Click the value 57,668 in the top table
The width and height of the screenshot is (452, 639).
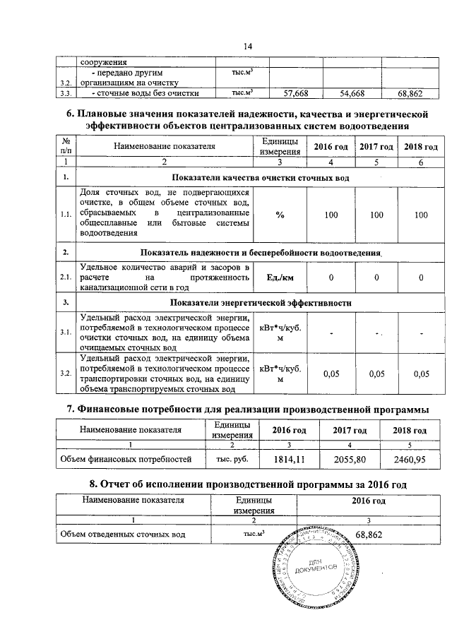pyautogui.click(x=296, y=92)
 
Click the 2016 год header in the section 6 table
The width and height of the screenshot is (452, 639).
pyautogui.click(x=331, y=145)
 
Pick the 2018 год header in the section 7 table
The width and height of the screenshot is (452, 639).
pyautogui.click(x=410, y=430)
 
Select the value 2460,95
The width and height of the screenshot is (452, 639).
pyautogui.click(x=410, y=459)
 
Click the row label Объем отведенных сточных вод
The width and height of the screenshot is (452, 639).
pyautogui.click(x=123, y=535)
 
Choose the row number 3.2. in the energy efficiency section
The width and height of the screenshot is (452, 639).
pyautogui.click(x=65, y=373)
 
